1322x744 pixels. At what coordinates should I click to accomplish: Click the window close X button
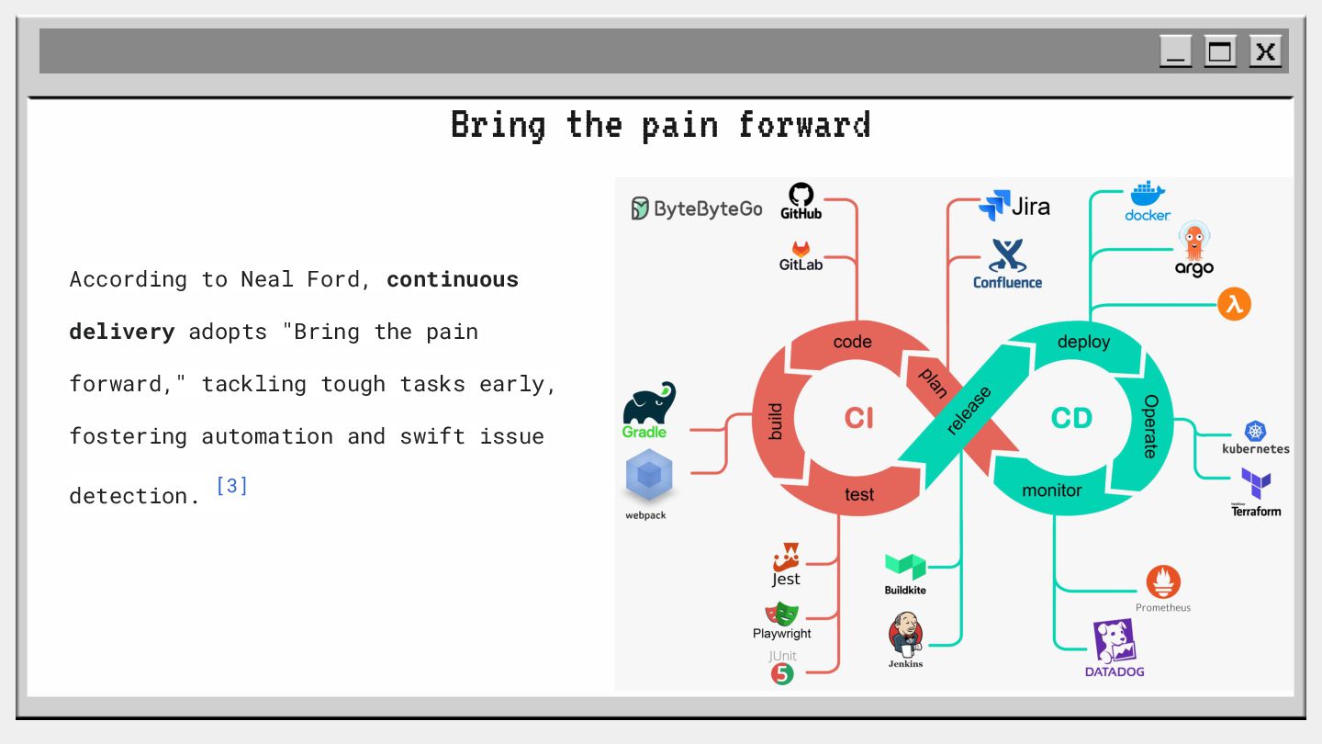pos(1265,51)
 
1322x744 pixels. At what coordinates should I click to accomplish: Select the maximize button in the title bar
pos(1220,51)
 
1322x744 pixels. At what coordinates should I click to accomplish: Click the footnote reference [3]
pos(231,485)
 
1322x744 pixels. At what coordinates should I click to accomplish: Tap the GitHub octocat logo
pos(801,195)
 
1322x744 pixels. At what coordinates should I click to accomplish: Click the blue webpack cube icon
pos(649,476)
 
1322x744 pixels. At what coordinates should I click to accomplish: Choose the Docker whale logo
pos(1148,195)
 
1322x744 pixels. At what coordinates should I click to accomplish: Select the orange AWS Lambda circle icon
pos(1234,304)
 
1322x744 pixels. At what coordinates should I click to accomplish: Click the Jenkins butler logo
pos(905,634)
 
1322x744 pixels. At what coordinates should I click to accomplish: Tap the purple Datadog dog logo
pos(1115,641)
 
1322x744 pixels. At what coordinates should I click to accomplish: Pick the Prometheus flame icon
pos(1163,582)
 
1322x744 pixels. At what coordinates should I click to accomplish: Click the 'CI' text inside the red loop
pos(859,418)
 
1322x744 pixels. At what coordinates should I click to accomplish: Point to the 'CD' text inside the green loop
pos(1071,418)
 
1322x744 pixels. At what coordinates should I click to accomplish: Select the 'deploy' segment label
pos(1083,342)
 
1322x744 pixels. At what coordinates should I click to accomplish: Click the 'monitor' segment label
pos(1052,490)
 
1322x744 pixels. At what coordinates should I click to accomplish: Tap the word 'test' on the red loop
pos(859,495)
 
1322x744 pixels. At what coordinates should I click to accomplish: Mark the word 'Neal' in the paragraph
pos(267,279)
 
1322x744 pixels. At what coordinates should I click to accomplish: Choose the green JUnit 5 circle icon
pos(782,674)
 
